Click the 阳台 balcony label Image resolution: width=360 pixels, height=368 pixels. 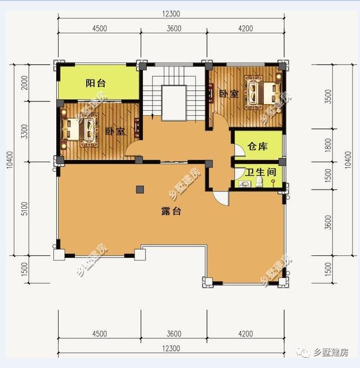click(x=96, y=83)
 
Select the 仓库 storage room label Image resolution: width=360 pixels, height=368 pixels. click(x=257, y=147)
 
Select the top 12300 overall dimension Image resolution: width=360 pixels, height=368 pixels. click(x=173, y=14)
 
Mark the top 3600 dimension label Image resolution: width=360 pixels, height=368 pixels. click(x=173, y=29)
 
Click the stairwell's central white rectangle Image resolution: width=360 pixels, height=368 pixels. click(x=173, y=102)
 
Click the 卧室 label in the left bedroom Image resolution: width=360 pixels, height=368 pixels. click(x=115, y=132)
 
